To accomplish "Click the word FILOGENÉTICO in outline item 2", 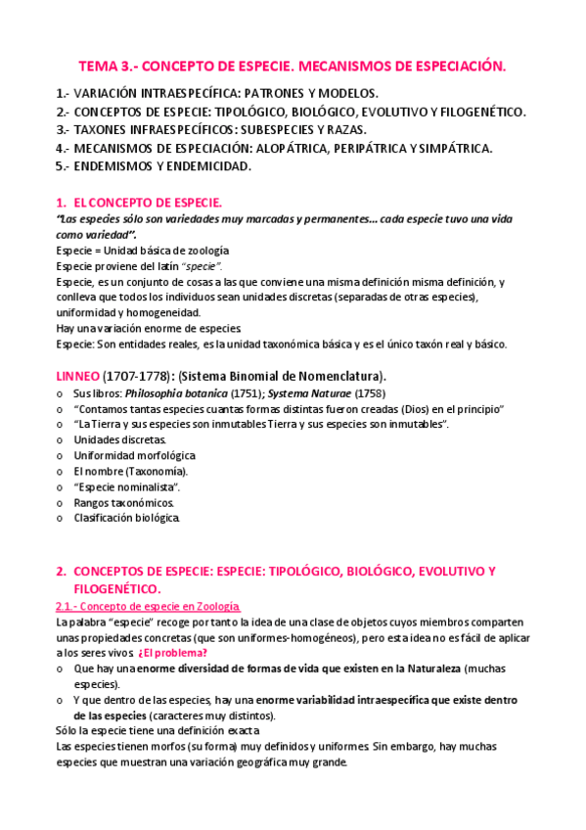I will coord(476,112).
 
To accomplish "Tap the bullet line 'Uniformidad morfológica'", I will coord(135,456).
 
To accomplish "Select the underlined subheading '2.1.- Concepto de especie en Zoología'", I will coord(149,607).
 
